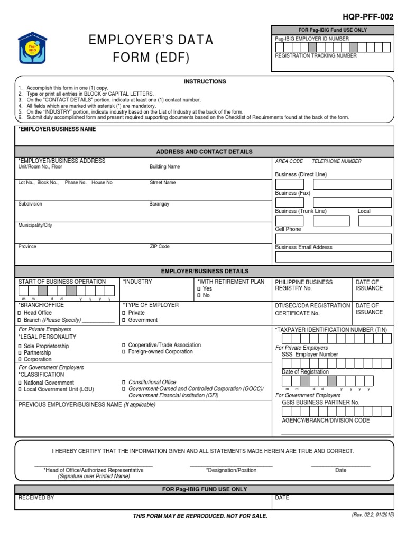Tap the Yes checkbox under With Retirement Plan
pyautogui.click(x=199, y=290)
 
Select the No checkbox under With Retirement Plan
pyautogui.click(x=199, y=296)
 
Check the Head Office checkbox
pyautogui.click(x=20, y=313)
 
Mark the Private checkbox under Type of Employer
pyautogui.click(x=124, y=313)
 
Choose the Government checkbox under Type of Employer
pyautogui.click(x=124, y=320)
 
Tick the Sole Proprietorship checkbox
pyautogui.click(x=20, y=346)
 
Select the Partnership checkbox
pyautogui.click(x=20, y=353)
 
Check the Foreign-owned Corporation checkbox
pyautogui.click(x=124, y=352)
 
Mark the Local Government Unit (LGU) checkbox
pyautogui.click(x=20, y=390)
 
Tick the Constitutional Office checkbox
pyautogui.click(x=124, y=382)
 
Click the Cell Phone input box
pyautogui.click(x=333, y=239)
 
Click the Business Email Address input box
pyautogui.click(x=333, y=257)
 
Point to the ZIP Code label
pyautogui.click(x=160, y=247)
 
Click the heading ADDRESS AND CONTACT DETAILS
pyautogui.click(x=204, y=152)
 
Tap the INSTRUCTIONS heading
pyautogui.click(x=205, y=82)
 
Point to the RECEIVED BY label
pyautogui.click(x=36, y=498)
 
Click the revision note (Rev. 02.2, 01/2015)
pyautogui.click(x=372, y=515)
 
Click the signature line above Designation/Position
pyautogui.click(x=231, y=466)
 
